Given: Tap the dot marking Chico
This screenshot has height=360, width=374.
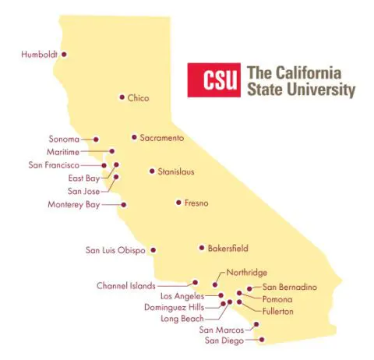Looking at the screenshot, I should (x=122, y=97).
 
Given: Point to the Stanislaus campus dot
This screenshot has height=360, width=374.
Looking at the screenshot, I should (x=152, y=171).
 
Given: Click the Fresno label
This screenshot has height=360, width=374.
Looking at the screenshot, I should (x=196, y=203).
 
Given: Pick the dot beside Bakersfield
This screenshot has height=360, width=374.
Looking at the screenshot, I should (x=200, y=249).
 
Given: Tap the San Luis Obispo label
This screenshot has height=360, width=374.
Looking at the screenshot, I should (x=116, y=251).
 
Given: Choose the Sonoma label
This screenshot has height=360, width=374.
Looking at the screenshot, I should (x=65, y=139).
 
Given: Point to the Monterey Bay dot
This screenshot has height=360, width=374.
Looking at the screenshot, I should (x=122, y=205).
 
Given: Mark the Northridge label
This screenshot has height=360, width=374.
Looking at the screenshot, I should (x=247, y=273).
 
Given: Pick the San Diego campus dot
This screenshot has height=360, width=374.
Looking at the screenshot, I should (x=262, y=340).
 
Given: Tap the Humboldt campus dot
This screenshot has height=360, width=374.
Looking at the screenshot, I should (x=64, y=55).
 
